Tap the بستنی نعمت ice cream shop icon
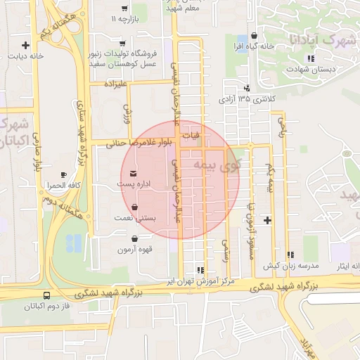[134, 207]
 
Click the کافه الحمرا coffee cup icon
[64, 174]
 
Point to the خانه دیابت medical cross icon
[26, 44]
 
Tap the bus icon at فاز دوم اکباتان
[46, 295]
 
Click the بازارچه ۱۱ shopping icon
[123, 7]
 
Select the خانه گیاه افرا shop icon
[254, 35]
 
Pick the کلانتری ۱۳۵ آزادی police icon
[247, 88]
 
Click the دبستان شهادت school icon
[309, 58]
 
